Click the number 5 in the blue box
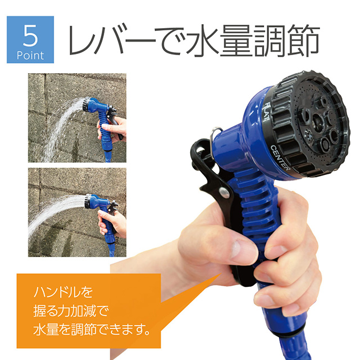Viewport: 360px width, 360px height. coord(30,35)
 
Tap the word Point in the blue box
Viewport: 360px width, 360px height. coord(30,56)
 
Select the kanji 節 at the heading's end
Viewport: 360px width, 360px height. coord(304,40)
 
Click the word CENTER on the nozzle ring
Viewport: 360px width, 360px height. coord(280,157)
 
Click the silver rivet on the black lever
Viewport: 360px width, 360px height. coord(224,192)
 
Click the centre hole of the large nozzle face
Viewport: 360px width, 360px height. coord(318,121)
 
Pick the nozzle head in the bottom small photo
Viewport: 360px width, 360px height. coord(89,201)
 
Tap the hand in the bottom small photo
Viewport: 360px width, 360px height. coord(113,222)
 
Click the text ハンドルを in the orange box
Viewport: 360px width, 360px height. coord(63,292)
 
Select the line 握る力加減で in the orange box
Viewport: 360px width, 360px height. coord(71,311)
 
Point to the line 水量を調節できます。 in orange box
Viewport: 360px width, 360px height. coord(92,330)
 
